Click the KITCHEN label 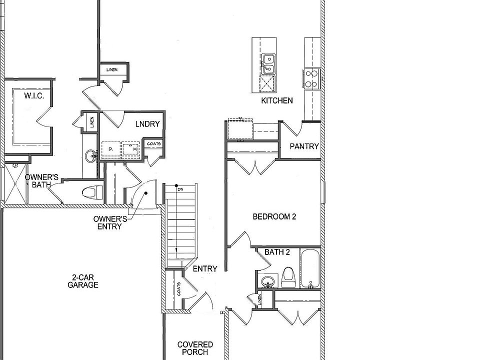[277, 100]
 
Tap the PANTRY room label [304, 146]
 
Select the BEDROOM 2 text [274, 216]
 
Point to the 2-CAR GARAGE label [83, 281]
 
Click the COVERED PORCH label [195, 348]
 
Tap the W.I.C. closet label [34, 95]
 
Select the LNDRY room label [147, 124]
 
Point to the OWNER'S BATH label [42, 181]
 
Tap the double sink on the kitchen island [268, 63]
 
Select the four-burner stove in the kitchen [311, 78]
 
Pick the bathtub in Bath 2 [309, 269]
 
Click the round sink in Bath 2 [268, 281]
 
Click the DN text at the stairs [180, 189]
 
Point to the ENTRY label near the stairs [205, 269]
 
